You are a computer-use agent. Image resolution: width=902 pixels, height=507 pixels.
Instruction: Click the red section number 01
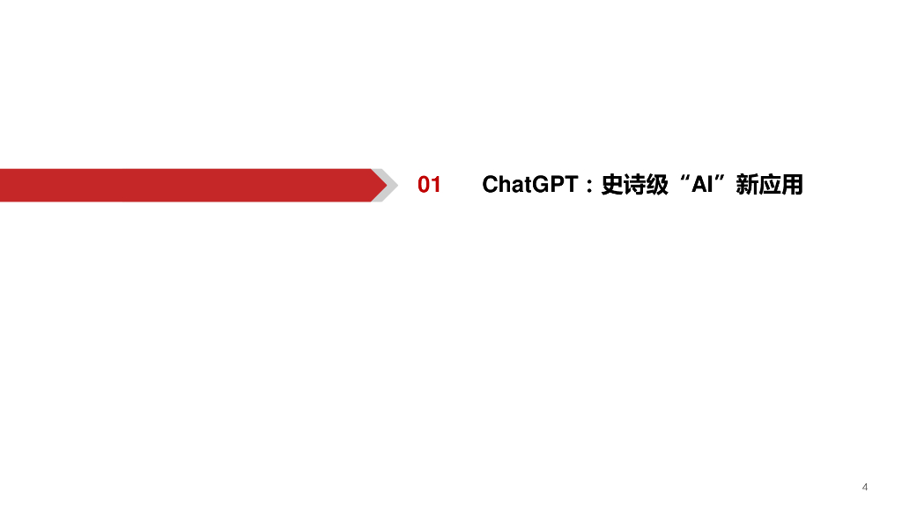tap(429, 185)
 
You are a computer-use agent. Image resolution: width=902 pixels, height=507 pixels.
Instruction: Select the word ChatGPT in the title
tap(530, 185)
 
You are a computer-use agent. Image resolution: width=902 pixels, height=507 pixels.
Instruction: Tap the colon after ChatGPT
tap(588, 187)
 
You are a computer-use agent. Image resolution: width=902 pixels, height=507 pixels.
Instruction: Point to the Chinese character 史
tap(612, 185)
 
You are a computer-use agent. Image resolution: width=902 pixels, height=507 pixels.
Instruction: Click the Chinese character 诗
tap(635, 185)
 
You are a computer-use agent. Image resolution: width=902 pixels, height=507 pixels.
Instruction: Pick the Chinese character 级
tap(657, 185)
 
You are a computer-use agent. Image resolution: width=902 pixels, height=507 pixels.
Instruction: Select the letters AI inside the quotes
tap(701, 185)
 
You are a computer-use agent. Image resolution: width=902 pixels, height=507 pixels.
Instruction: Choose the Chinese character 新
tap(747, 185)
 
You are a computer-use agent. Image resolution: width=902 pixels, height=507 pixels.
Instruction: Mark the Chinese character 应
tap(770, 185)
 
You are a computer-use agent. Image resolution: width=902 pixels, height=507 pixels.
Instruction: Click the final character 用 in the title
tap(792, 185)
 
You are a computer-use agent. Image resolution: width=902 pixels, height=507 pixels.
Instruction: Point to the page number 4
tap(865, 487)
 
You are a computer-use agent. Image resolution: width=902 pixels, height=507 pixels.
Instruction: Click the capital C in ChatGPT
tap(491, 185)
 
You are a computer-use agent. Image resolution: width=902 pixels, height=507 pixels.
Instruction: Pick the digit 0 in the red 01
tap(424, 185)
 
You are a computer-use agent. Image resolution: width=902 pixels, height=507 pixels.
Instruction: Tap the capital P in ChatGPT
tap(557, 185)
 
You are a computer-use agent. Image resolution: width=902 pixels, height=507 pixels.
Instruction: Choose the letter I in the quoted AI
tap(708, 185)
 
